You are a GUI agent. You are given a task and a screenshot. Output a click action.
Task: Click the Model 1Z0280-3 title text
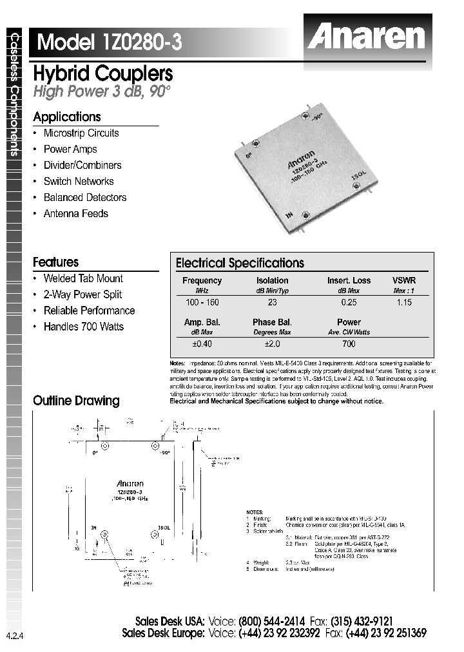click(110, 43)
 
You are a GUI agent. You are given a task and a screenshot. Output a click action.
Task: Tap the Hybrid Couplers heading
click(102, 73)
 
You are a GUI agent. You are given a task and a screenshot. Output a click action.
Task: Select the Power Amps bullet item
click(70, 149)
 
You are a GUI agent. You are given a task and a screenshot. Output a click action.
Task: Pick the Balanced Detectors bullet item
click(84, 198)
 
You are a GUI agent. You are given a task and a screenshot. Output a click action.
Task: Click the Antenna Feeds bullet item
click(75, 214)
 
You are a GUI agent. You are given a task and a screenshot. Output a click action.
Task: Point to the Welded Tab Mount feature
click(83, 279)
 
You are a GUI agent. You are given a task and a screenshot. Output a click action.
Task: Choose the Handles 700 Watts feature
click(83, 327)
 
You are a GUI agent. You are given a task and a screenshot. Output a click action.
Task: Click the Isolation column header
click(272, 281)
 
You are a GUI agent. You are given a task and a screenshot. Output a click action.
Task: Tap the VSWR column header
click(404, 281)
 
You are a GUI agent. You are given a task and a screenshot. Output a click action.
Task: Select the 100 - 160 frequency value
click(202, 302)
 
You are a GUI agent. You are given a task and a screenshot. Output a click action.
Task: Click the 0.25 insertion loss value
click(349, 302)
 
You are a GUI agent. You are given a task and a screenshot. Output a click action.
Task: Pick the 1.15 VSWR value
click(404, 302)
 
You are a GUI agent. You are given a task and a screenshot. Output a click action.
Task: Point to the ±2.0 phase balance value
click(272, 344)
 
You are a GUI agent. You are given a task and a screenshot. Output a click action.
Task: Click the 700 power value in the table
click(349, 344)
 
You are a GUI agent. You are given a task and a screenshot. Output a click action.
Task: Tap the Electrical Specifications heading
click(240, 263)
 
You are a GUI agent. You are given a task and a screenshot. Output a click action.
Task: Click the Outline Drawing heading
click(76, 401)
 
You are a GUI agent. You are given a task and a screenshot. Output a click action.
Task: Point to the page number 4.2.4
click(13, 636)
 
